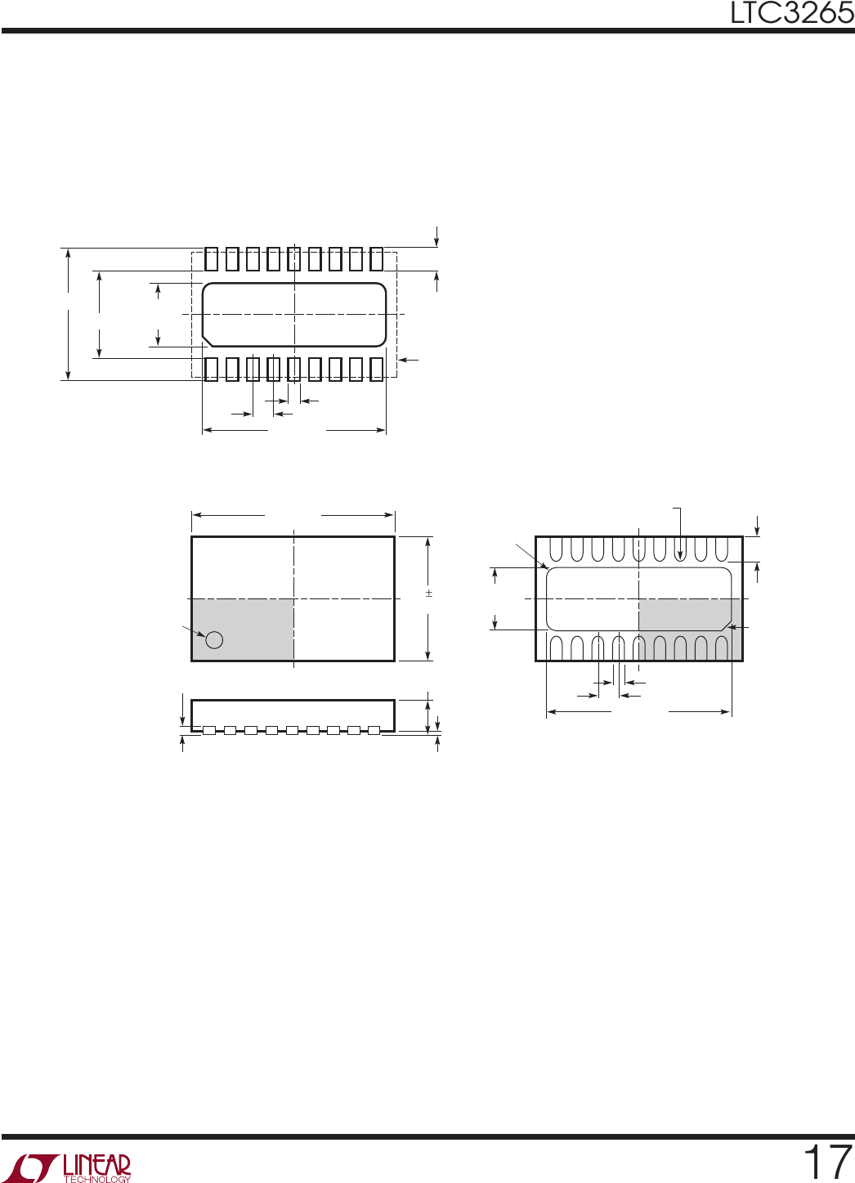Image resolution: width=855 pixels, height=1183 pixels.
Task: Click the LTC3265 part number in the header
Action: click(792, 13)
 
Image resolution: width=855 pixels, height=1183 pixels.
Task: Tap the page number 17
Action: click(827, 1162)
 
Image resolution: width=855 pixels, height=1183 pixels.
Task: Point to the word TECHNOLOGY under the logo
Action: click(98, 1179)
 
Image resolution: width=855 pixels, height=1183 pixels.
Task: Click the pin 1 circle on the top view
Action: click(214, 640)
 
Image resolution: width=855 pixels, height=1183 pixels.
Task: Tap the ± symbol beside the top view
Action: click(429, 594)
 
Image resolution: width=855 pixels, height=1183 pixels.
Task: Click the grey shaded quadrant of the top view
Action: click(243, 630)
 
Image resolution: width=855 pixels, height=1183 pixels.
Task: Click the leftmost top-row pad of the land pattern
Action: click(211, 259)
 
